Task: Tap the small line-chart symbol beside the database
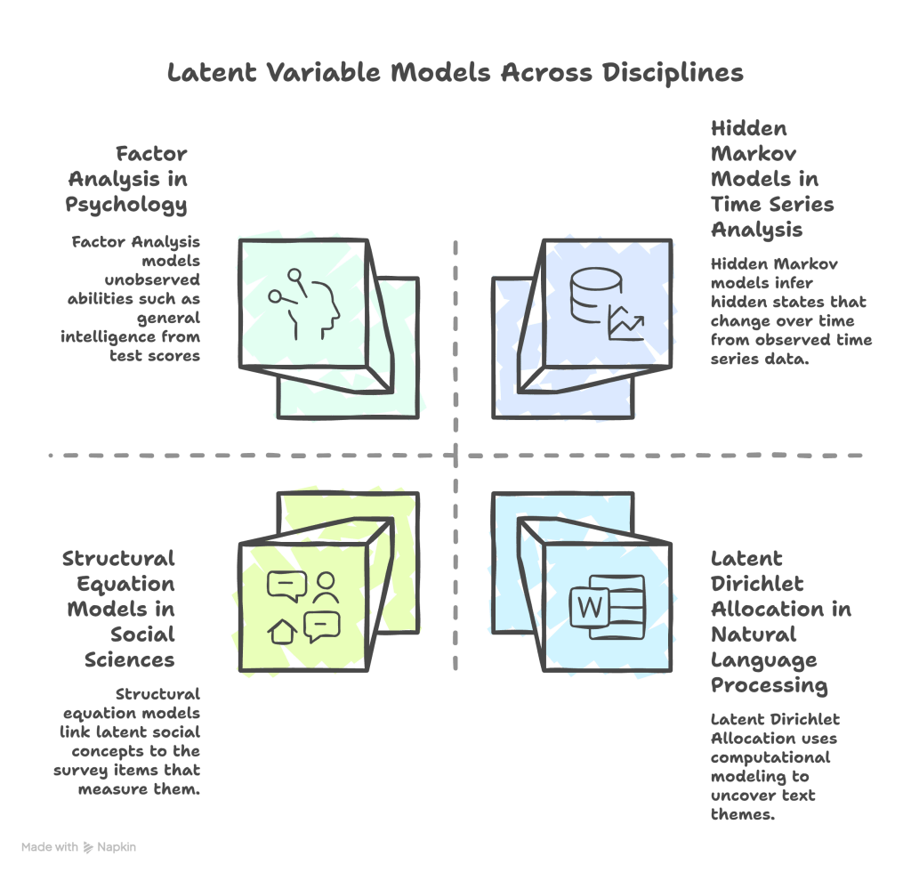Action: click(x=625, y=324)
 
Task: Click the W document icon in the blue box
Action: click(x=606, y=608)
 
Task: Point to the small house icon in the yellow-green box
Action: click(x=282, y=631)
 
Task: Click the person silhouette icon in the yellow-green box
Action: click(x=325, y=586)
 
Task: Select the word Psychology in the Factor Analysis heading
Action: click(x=126, y=204)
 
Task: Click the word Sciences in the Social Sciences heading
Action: click(x=130, y=659)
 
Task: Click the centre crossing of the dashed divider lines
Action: click(x=456, y=456)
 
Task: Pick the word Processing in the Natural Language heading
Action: click(x=768, y=685)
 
